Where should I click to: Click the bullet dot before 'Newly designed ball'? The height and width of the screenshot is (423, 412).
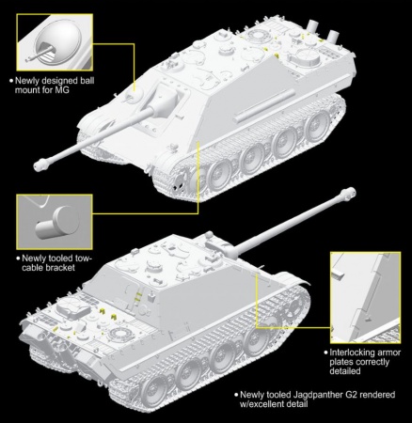point(8,82)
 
